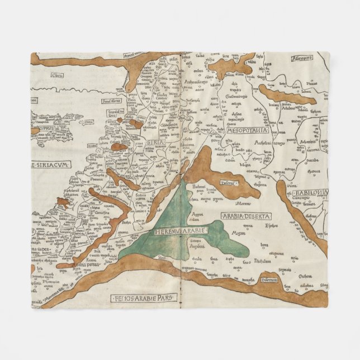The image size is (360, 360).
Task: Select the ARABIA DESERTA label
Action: [x=247, y=216]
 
